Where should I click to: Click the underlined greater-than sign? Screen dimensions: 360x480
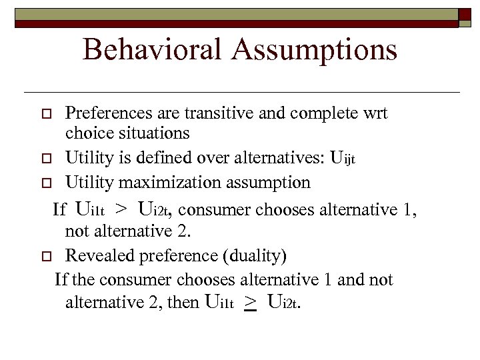tap(251, 304)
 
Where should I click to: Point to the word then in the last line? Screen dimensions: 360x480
tap(183, 303)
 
